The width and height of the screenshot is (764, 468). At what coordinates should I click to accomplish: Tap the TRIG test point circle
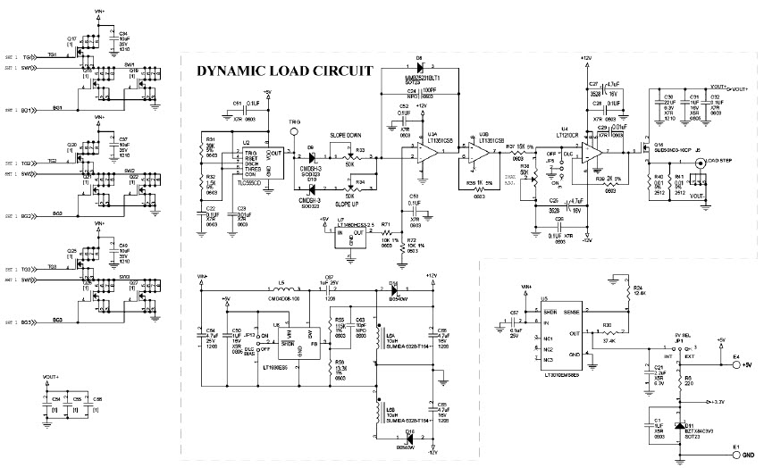294,135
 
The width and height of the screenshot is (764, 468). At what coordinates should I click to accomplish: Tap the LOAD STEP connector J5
703,162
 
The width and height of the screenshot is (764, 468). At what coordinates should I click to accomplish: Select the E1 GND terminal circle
737,454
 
